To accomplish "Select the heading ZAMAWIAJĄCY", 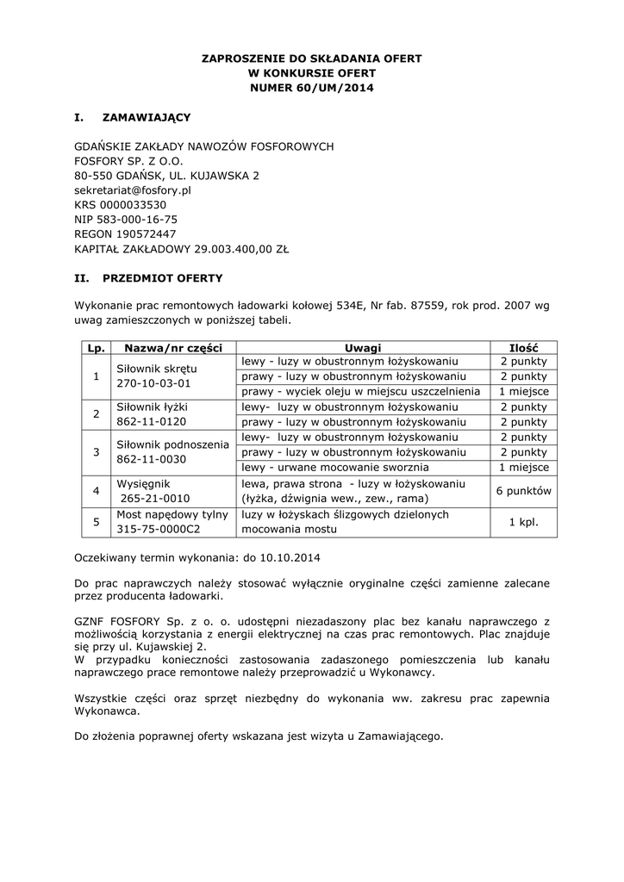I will (x=147, y=115).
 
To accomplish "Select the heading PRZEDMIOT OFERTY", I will (x=162, y=278).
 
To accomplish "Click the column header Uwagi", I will (x=363, y=347).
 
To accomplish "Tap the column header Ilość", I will (x=524, y=347).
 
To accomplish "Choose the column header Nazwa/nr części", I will (x=174, y=347).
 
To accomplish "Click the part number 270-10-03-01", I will (x=153, y=383).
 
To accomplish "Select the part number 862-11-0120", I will (x=152, y=422).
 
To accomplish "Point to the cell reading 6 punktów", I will (x=524, y=490).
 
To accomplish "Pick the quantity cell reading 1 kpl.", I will (x=524, y=522).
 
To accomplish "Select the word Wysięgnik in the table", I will (x=145, y=482).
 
